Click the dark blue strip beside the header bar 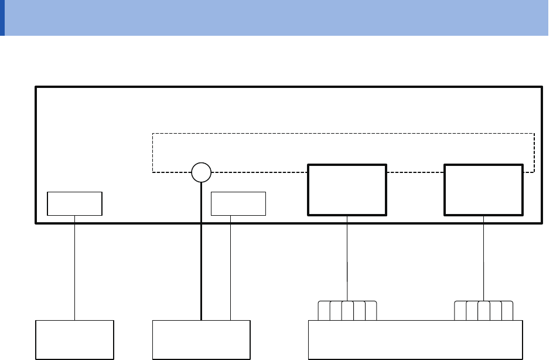pos(2,18)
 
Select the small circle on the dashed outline pos(201,172)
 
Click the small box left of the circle pos(75,203)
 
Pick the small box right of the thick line pos(238,203)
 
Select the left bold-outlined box pos(347,190)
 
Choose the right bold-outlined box pos(484,190)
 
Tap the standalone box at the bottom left pos(75,339)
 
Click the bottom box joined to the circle pos(201,339)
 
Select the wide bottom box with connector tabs pos(415,339)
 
